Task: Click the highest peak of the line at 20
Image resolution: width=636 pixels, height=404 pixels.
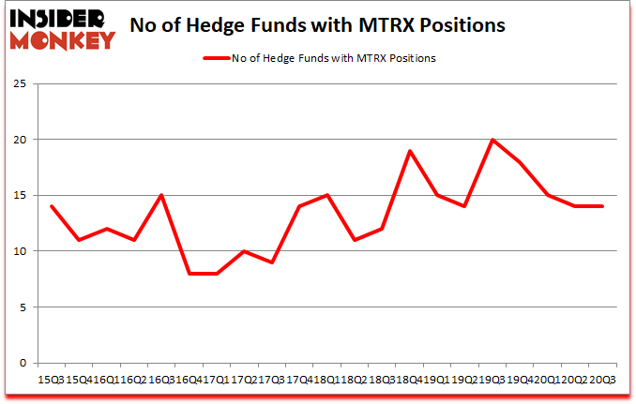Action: pos(492,140)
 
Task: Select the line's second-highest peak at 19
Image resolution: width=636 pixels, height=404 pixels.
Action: pos(411,151)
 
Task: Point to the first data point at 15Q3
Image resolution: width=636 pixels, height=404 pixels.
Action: pos(51,206)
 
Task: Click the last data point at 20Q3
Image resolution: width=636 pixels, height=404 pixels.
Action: pos(601,206)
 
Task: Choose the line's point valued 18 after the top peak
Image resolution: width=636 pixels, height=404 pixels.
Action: pos(520,162)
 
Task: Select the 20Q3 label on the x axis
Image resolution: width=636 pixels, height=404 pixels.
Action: pos(603,379)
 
